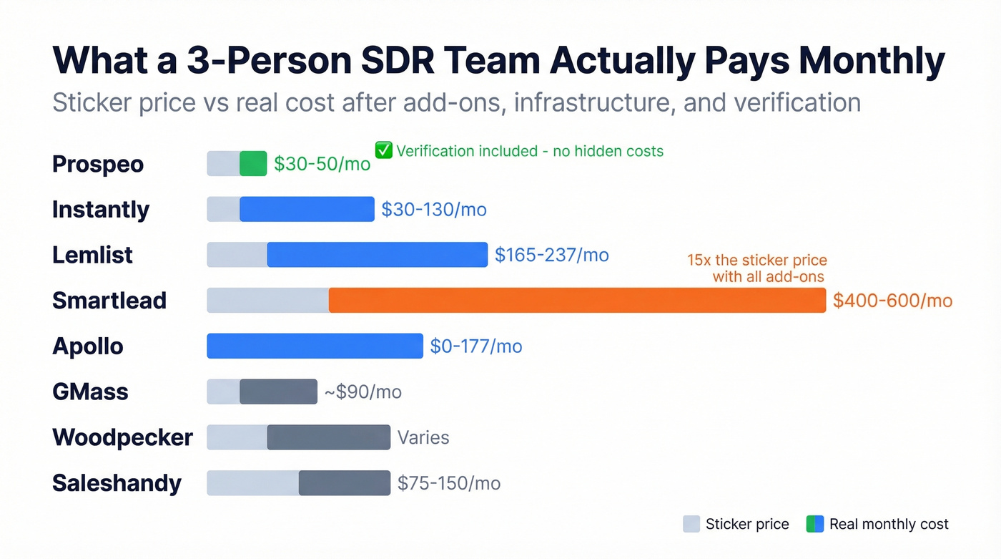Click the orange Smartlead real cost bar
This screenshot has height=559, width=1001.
click(x=577, y=301)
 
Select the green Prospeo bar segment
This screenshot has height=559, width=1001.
click(x=252, y=164)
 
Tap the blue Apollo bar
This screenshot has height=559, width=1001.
click(x=315, y=346)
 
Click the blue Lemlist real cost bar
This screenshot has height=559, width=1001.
click(x=377, y=255)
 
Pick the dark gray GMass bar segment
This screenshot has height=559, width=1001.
click(x=278, y=392)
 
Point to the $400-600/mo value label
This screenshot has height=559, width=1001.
click(x=892, y=301)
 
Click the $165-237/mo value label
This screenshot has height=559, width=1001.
click(x=551, y=255)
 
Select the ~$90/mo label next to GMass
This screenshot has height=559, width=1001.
click(x=363, y=392)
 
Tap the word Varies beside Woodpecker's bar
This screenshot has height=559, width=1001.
click(x=423, y=437)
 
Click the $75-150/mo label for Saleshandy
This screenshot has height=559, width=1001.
click(x=448, y=483)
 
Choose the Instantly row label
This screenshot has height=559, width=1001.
click(x=101, y=210)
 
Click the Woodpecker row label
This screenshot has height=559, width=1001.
click(x=122, y=437)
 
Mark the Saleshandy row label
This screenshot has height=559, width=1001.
click(x=117, y=483)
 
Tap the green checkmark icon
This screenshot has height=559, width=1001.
click(x=384, y=150)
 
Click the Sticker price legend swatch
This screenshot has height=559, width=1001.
click(x=691, y=524)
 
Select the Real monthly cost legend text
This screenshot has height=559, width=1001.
click(x=888, y=524)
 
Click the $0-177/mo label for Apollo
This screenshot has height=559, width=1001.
click(x=475, y=346)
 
